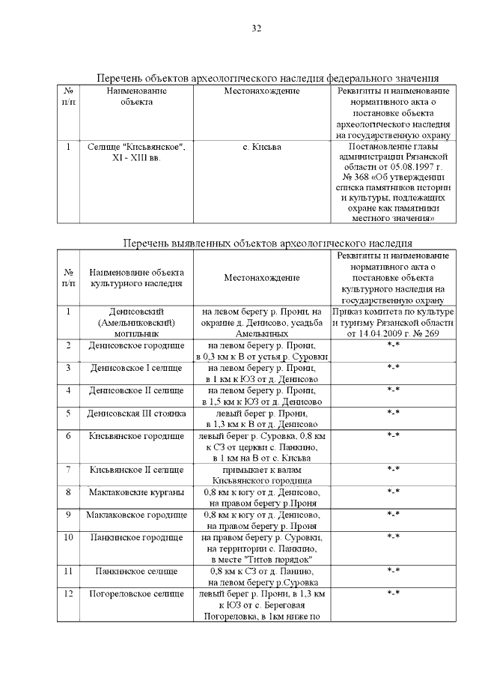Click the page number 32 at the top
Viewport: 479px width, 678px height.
click(256, 28)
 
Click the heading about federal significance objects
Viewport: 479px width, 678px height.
click(267, 79)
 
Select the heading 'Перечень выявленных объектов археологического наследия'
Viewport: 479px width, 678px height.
click(267, 243)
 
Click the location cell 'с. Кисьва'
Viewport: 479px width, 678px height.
click(262, 148)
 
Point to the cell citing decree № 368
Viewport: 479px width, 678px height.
click(394, 182)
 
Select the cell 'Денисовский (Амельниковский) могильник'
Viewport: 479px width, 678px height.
click(136, 321)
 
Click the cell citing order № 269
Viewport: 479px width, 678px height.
click(394, 321)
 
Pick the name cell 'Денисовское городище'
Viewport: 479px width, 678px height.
click(136, 345)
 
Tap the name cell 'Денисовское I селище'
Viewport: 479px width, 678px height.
click(136, 368)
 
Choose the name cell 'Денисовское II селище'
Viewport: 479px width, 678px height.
click(136, 390)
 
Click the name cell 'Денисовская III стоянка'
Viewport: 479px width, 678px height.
click(136, 413)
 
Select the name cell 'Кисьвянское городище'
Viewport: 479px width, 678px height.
click(136, 435)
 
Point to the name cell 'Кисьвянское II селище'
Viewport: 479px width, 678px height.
click(136, 470)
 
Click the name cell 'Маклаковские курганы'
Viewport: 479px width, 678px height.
click(136, 492)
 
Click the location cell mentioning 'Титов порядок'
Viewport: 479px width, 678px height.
click(262, 548)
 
